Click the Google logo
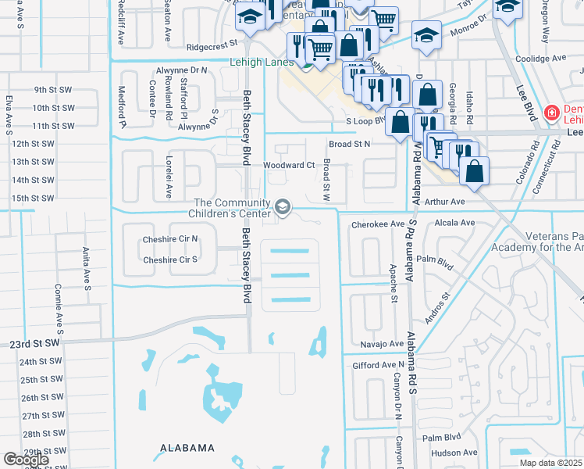point(26,460)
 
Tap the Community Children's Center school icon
point(283,208)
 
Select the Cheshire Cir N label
point(170,239)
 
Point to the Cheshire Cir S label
point(170,260)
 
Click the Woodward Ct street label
point(288,165)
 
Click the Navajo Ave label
point(382,343)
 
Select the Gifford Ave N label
point(379,365)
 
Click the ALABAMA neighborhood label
point(187,448)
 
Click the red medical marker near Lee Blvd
point(551,112)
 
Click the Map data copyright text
point(550,463)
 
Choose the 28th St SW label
point(42,434)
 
